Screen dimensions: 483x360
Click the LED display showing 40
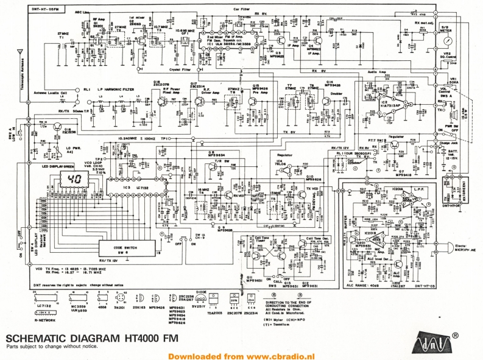pos(76,180)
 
